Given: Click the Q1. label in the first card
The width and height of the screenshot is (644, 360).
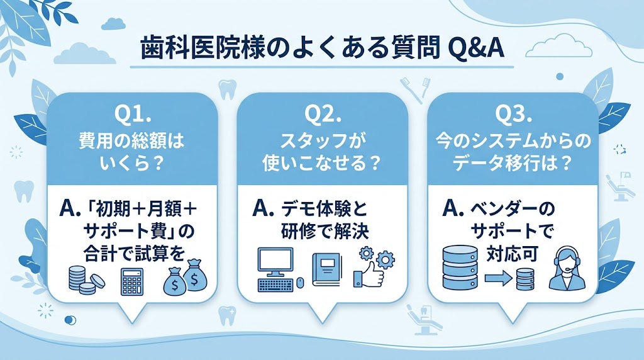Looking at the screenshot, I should coord(133,115).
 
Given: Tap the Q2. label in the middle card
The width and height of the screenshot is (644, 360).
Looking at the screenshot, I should coord(323,115).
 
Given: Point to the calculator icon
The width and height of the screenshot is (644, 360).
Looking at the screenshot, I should coord(131,282).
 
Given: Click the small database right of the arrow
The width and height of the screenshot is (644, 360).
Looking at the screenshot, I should coord(526,278).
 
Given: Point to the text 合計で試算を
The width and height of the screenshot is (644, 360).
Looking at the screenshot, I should coord(133,254).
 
